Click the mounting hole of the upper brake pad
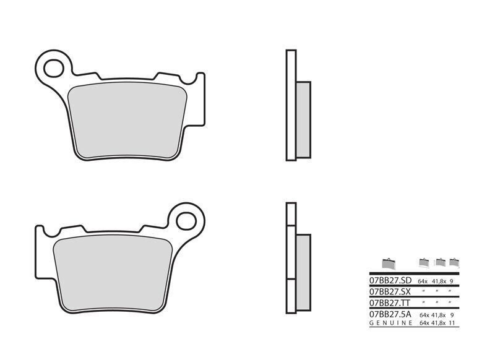(x=54, y=68)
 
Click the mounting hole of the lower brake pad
(x=186, y=221)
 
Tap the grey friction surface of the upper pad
(x=127, y=120)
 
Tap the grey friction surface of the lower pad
(x=113, y=273)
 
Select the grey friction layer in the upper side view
(x=303, y=119)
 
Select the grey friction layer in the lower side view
(x=303, y=272)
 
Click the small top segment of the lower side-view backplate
(x=291, y=214)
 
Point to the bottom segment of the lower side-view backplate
(x=291, y=296)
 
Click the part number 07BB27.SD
(x=390, y=280)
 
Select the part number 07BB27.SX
(x=390, y=291)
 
